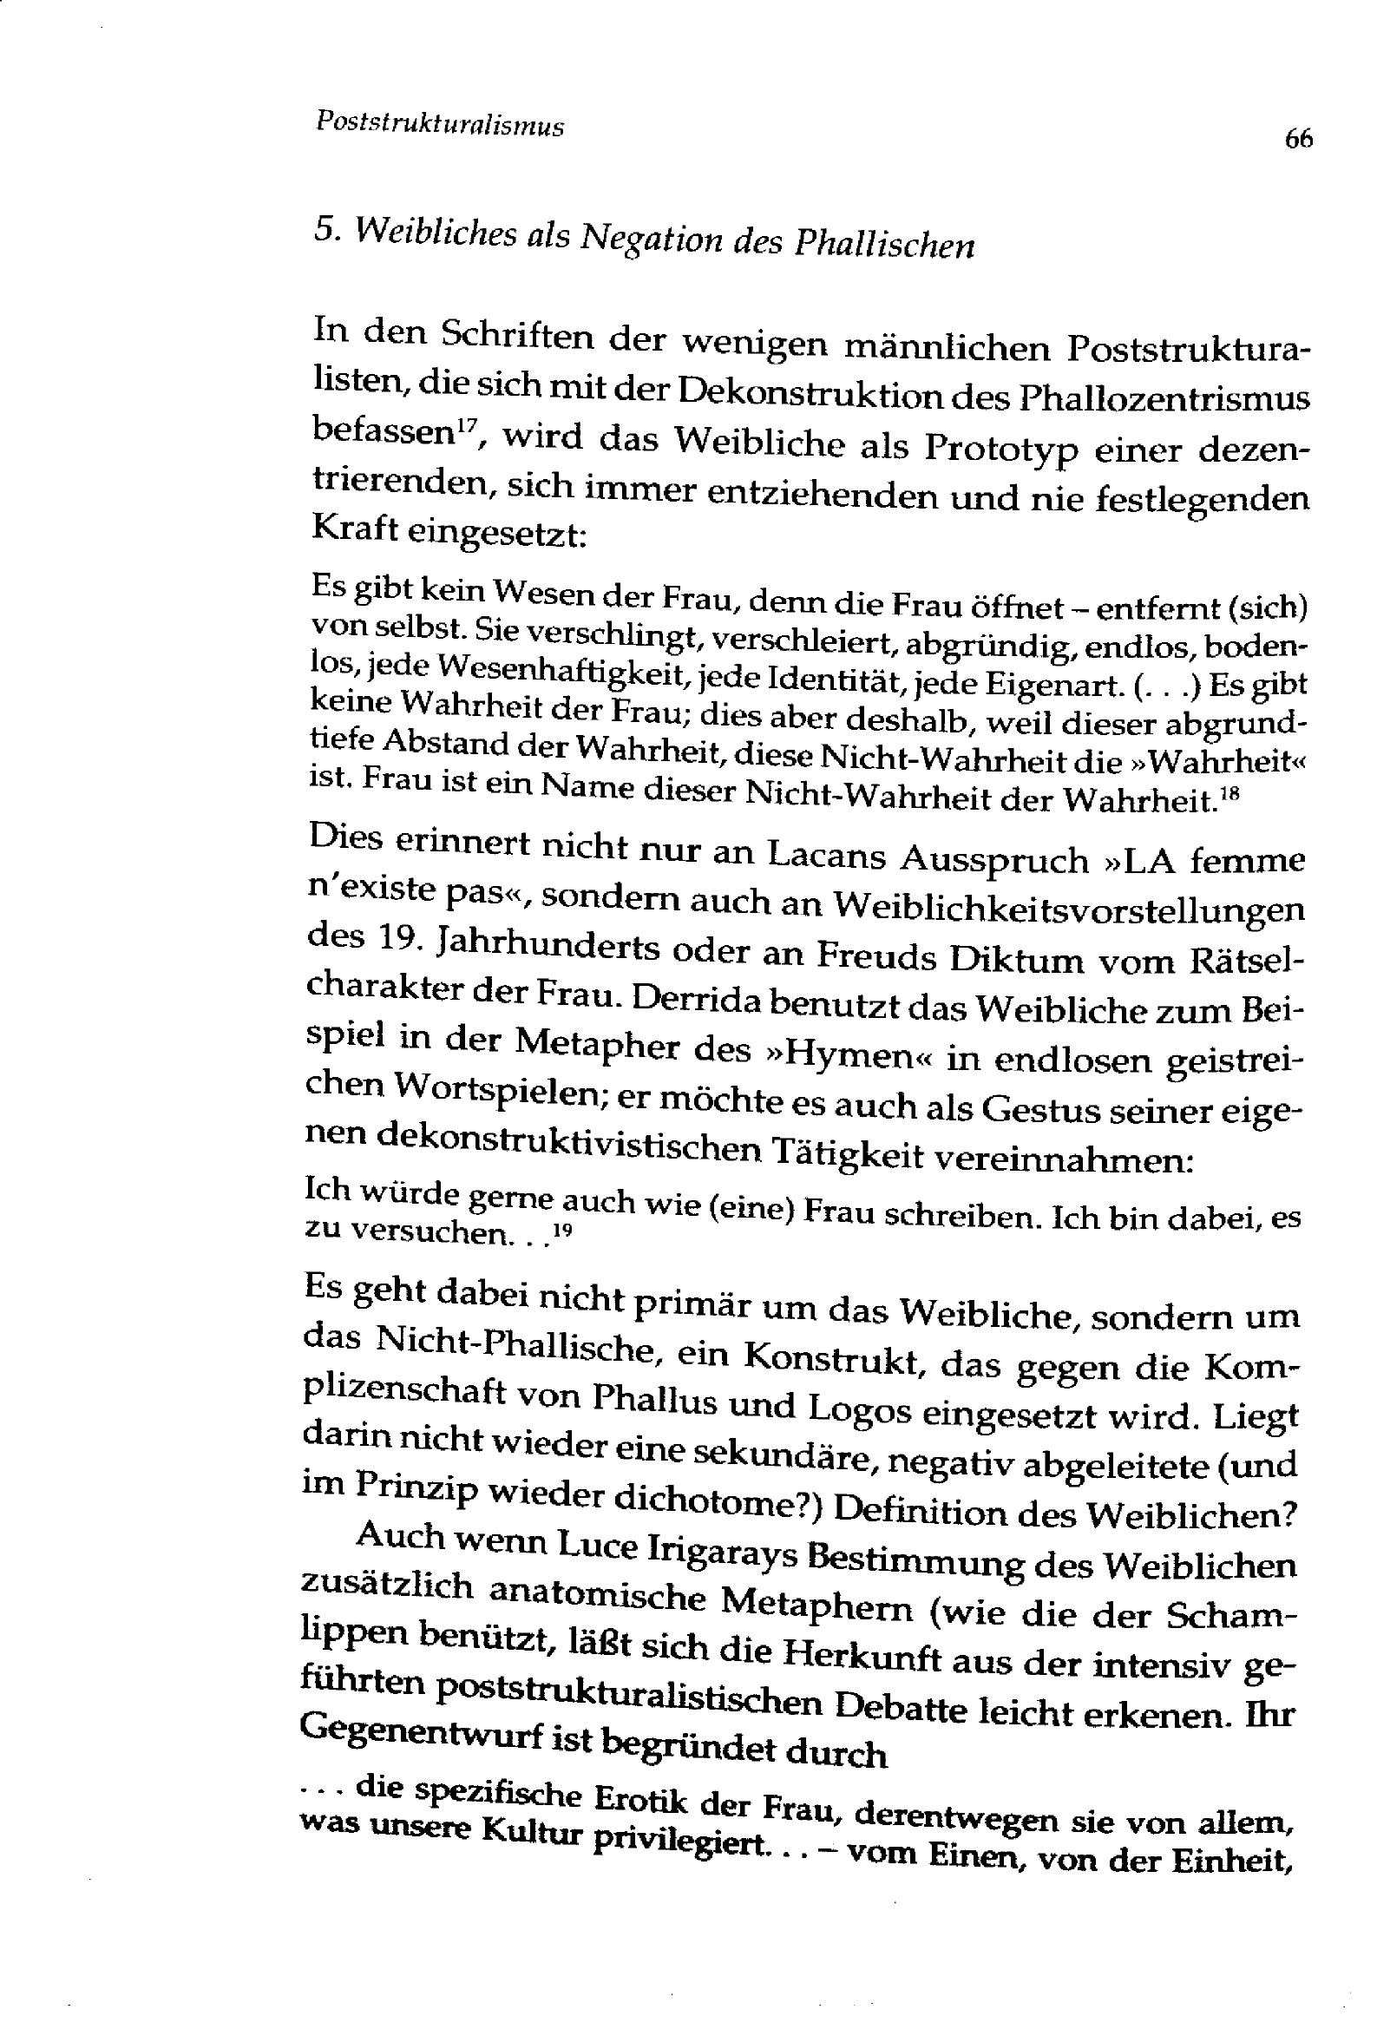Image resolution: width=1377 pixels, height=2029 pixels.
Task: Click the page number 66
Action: (x=1298, y=139)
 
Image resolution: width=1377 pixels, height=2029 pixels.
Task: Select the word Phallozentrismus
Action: (x=1164, y=400)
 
